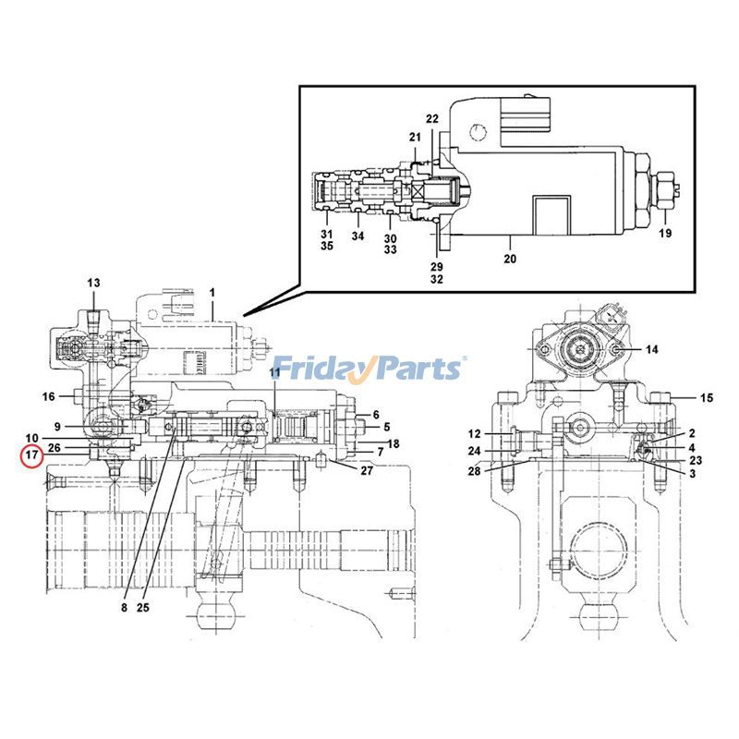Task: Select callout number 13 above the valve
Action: click(93, 282)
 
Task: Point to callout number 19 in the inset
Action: click(666, 233)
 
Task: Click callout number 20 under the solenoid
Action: click(510, 260)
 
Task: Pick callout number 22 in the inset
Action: click(432, 118)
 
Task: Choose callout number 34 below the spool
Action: click(357, 236)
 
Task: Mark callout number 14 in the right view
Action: click(652, 349)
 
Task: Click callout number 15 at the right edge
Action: click(707, 398)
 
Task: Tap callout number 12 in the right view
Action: click(474, 433)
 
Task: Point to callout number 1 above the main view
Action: click(212, 293)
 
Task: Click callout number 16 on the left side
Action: click(49, 397)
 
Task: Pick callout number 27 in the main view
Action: click(367, 471)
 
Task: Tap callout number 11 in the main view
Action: click(274, 371)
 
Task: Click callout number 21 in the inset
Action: click(415, 137)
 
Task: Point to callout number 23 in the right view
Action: click(696, 460)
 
